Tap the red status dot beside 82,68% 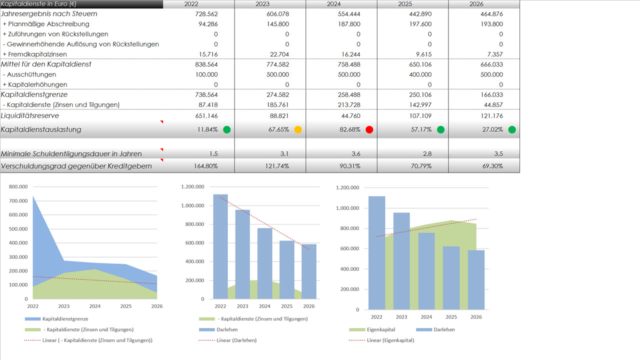[x=369, y=130]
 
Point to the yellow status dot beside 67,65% [x=298, y=130]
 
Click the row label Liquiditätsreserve [x=30, y=115]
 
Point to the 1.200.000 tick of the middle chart [x=193, y=187]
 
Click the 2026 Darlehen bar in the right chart [x=476, y=279]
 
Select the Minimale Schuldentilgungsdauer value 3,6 [x=354, y=154]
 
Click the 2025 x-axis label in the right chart [x=451, y=317]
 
